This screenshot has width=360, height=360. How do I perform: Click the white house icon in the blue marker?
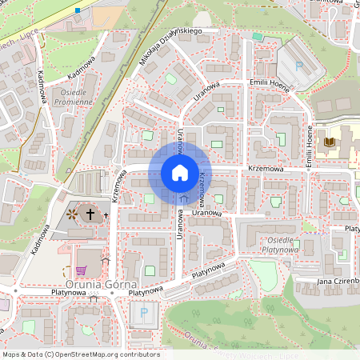coord(179,173)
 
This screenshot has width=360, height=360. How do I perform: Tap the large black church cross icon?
coord(90,214)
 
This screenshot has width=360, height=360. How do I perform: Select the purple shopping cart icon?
coord(80,270)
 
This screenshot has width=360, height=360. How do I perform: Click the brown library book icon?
coord(327,142)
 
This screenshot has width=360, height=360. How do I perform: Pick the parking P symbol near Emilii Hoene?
coord(298,66)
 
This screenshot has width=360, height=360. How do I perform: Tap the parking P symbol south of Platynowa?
coord(144,312)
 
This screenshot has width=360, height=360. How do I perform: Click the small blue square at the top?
coord(78,10)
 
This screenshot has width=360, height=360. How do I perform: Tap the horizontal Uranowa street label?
coord(206,213)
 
